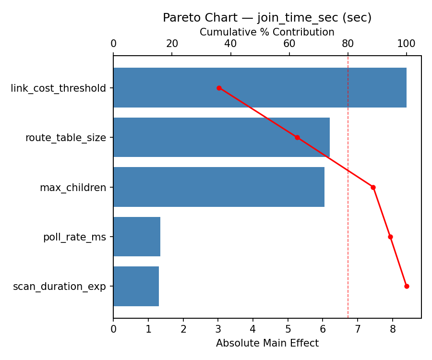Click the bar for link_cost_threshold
click(x=260, y=88)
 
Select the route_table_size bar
click(x=221, y=137)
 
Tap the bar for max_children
click(x=219, y=187)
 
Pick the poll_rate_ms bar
click(x=137, y=237)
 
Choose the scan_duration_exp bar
click(x=136, y=286)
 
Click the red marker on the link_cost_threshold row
click(x=219, y=88)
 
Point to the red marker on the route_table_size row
click(x=297, y=137)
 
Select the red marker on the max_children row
click(x=373, y=187)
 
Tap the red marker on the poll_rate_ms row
click(x=390, y=237)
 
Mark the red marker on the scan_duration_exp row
click(x=407, y=286)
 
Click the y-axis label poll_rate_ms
click(x=74, y=237)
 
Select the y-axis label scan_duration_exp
click(x=60, y=287)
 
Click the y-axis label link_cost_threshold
click(x=58, y=88)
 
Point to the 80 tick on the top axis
click(x=348, y=44)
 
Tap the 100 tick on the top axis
click(x=407, y=44)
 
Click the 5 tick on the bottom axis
click(x=288, y=329)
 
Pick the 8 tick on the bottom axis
click(x=393, y=329)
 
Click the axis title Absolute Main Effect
click(x=267, y=343)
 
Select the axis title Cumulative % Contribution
click(x=267, y=32)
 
